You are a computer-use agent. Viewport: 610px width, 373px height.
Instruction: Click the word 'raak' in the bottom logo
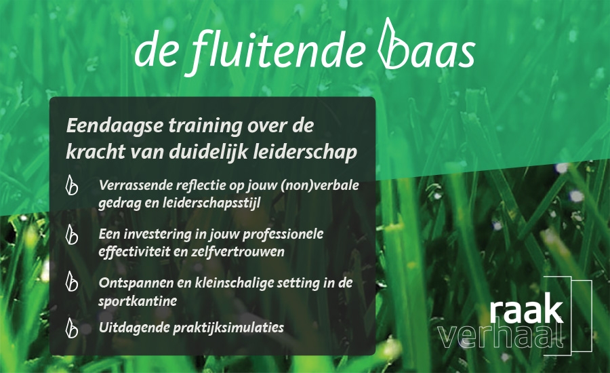click(526, 311)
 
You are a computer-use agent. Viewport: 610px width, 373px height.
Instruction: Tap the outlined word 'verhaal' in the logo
click(502, 336)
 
